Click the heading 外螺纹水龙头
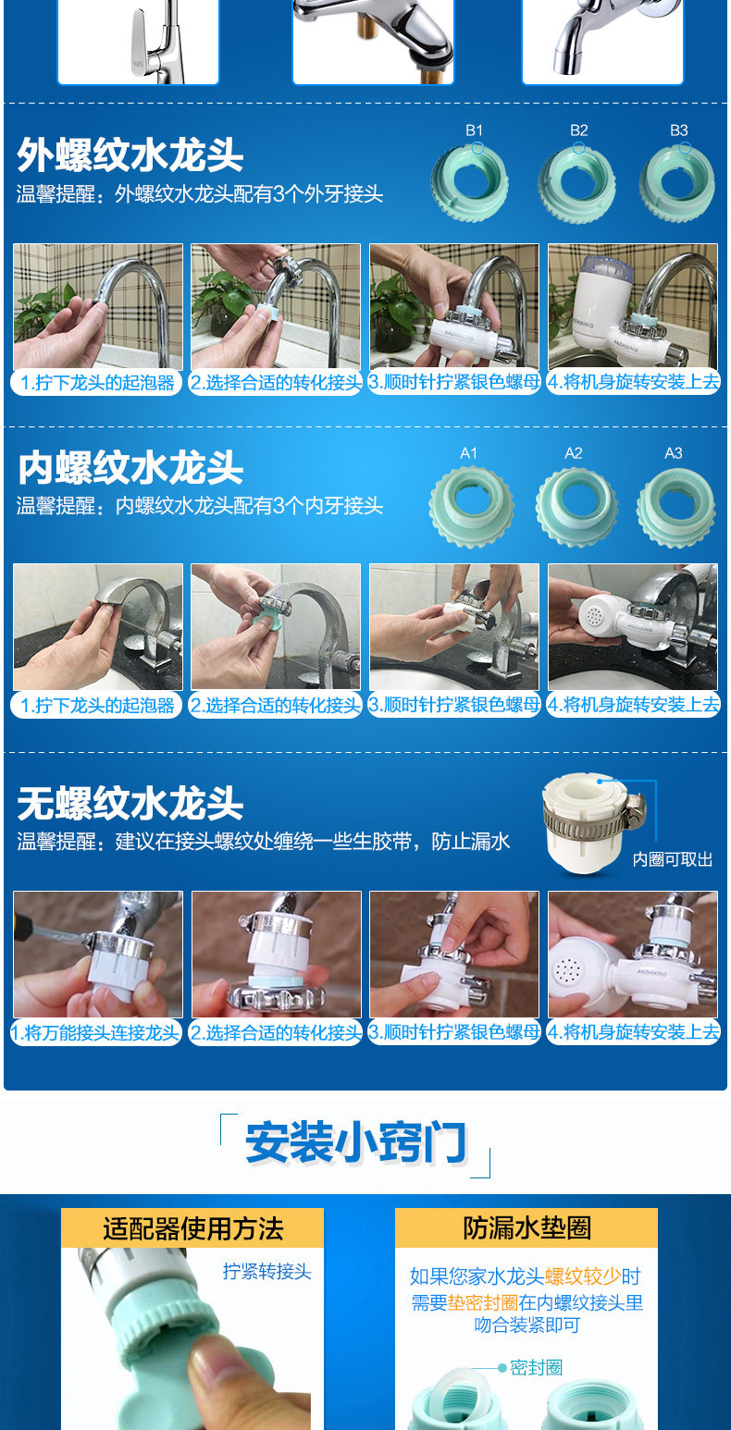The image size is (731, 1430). click(x=130, y=155)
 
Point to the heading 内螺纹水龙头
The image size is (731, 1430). click(x=130, y=468)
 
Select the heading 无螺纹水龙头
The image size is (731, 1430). click(x=130, y=803)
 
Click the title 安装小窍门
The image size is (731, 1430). click(x=356, y=1142)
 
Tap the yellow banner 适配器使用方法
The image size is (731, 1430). click(x=192, y=1228)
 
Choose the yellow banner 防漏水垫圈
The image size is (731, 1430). click(x=527, y=1227)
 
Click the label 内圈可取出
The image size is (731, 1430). click(x=673, y=859)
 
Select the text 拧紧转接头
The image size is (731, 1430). click(x=266, y=1272)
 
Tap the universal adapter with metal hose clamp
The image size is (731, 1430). click(x=592, y=823)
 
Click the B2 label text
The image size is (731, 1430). click(x=578, y=130)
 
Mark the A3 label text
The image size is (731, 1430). click(x=673, y=453)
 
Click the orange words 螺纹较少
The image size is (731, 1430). click(x=582, y=1276)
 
